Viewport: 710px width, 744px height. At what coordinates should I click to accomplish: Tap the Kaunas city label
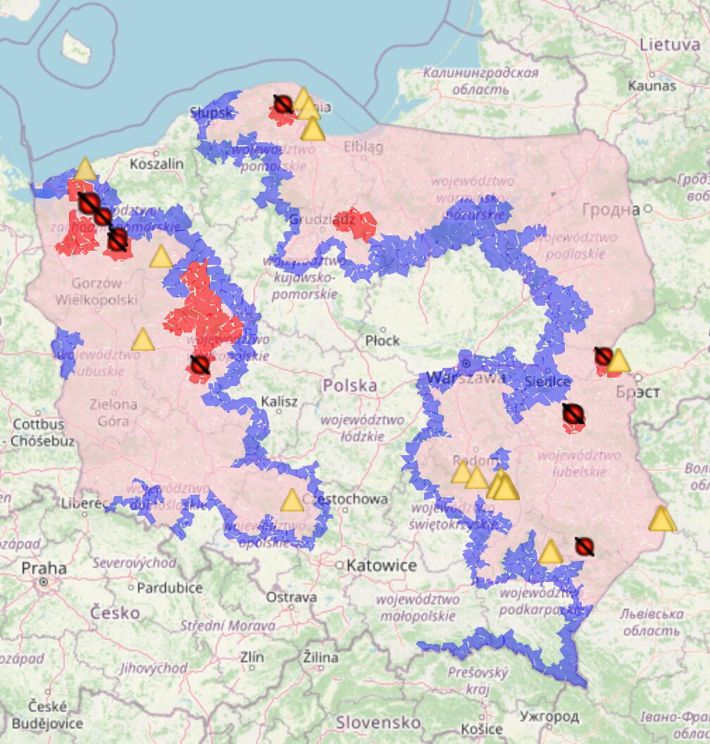653,86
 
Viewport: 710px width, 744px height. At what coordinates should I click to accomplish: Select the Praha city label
44,568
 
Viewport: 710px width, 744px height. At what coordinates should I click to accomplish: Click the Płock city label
382,340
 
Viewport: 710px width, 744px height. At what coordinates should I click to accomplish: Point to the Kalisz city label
279,402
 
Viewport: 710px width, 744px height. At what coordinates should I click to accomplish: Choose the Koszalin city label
156,164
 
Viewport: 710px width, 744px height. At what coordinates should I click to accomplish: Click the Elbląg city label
364,147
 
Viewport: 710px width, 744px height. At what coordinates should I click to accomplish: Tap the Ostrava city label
291,597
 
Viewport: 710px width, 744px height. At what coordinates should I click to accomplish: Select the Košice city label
483,729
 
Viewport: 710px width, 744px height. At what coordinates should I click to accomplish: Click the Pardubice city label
170,587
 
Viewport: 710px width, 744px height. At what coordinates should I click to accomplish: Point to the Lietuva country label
669,44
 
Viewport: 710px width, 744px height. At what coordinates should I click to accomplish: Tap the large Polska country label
350,385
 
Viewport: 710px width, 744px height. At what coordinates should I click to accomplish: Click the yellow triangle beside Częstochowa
292,501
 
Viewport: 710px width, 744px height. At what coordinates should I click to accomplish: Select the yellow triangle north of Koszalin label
85,170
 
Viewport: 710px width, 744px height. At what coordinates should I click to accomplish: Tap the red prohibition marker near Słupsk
282,106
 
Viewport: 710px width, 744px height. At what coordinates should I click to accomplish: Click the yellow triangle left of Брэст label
618,361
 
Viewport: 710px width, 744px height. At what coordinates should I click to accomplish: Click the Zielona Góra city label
113,413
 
